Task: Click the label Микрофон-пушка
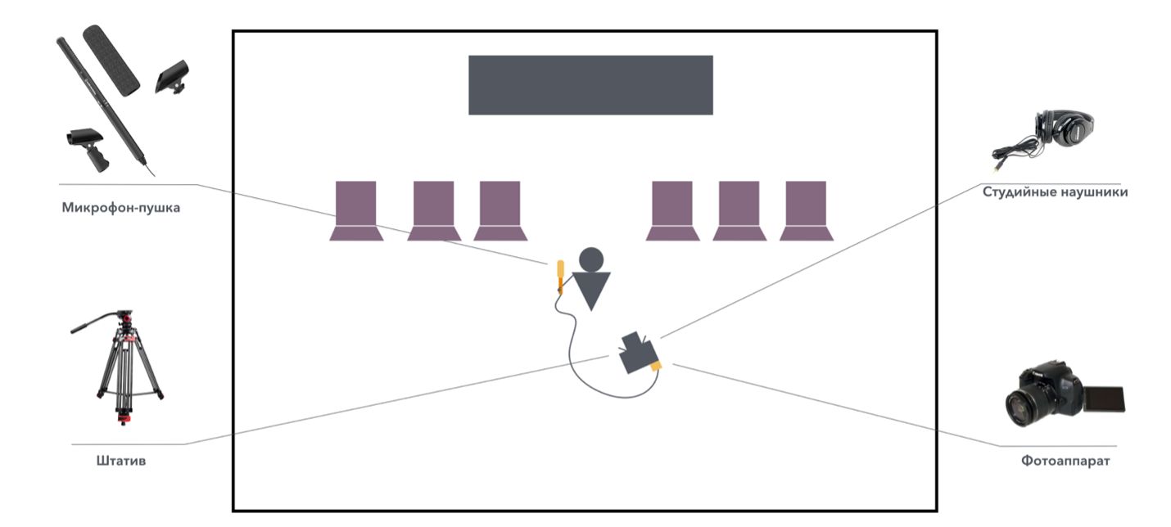[120, 208]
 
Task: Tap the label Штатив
[120, 462]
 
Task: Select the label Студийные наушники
[1055, 192]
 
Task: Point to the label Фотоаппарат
[1065, 462]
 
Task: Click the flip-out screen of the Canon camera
[1105, 399]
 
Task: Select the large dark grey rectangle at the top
[590, 85]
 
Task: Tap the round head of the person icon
[591, 260]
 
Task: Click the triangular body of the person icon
[591, 290]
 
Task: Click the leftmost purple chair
[356, 210]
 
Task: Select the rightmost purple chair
[806, 210]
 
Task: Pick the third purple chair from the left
[500, 210]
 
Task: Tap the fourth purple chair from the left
[672, 210]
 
